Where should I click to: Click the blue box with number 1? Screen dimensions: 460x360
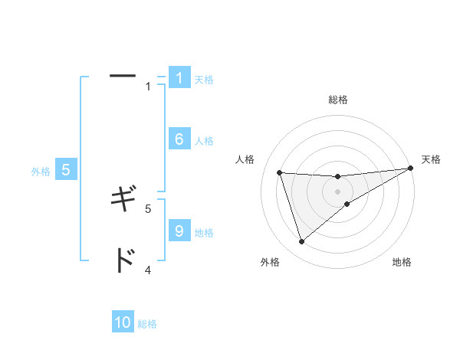[179, 78]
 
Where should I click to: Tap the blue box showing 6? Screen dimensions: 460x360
[179, 139]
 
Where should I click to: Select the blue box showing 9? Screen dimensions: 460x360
[179, 231]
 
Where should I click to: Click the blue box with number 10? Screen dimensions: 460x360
[123, 322]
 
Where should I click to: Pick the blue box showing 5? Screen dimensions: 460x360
[66, 170]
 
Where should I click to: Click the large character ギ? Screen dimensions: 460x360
[123, 201]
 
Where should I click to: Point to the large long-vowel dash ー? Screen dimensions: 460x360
[123, 77]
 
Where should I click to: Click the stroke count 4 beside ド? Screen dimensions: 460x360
[148, 270]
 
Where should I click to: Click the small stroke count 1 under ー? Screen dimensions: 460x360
[148, 87]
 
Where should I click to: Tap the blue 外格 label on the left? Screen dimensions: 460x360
[41, 172]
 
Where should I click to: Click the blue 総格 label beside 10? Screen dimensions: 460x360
[147, 324]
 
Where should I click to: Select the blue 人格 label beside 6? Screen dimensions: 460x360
[204, 141]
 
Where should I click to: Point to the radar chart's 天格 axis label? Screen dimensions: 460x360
[431, 159]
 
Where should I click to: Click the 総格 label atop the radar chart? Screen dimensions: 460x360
[337, 100]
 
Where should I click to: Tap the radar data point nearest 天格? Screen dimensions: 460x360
[410, 168]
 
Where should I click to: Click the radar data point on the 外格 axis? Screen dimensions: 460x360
[301, 242]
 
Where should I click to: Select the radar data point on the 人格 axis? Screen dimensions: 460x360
[279, 172]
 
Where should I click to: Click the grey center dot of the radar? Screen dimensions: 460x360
[337, 191]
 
